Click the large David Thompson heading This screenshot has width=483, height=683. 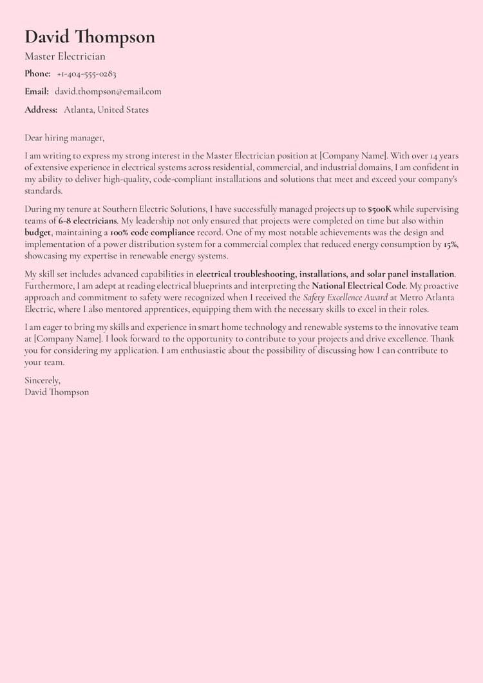90,37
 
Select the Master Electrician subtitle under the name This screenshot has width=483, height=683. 65,57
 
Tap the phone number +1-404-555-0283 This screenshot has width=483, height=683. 86,74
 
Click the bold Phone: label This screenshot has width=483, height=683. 37,74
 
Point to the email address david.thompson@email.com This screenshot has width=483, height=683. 108,91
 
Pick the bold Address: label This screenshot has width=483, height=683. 41,110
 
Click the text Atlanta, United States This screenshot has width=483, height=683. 106,110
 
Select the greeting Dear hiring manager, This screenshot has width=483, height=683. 64,138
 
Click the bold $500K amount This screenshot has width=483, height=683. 379,209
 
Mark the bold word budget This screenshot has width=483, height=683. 38,233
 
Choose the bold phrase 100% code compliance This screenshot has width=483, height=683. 152,233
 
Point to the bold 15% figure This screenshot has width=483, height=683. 450,244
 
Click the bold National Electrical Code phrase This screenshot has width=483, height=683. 359,285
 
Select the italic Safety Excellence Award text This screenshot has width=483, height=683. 346,297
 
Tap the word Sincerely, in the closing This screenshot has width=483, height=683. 43,380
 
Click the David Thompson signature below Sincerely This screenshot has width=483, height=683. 57,392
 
